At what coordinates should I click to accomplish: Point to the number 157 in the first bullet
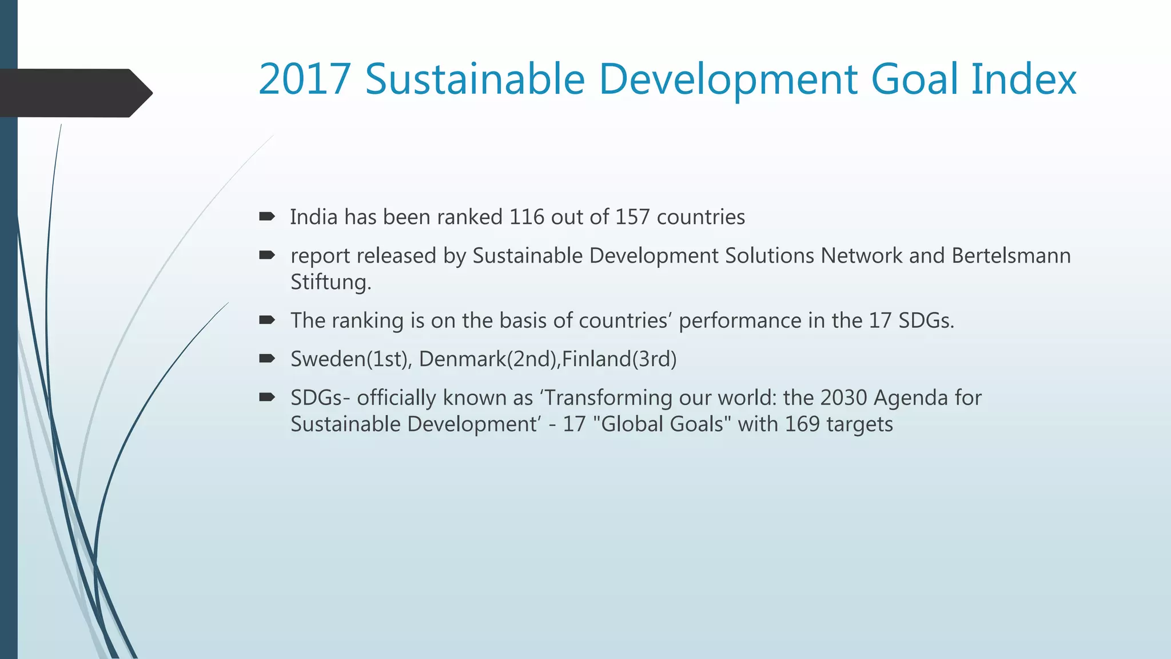(632, 217)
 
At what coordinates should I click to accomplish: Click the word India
(313, 217)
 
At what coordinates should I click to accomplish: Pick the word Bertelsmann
(1011, 256)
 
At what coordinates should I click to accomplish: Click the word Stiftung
(330, 282)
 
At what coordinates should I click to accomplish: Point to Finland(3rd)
(619, 359)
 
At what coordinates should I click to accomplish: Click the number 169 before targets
(802, 424)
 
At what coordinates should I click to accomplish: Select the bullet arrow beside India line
(267, 216)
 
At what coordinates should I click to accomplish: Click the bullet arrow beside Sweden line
(267, 359)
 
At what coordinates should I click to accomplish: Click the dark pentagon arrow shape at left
(74, 93)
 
